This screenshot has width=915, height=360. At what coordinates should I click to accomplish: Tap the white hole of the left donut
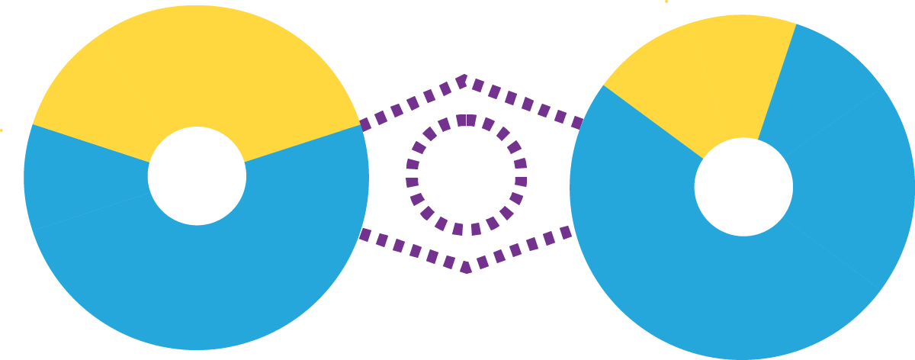point(197,175)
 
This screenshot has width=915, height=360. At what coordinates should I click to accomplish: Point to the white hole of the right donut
point(743,187)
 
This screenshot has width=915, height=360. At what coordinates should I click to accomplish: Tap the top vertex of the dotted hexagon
point(465,78)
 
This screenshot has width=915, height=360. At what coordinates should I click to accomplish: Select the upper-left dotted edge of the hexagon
point(413,104)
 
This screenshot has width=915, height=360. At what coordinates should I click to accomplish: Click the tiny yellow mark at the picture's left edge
point(2,130)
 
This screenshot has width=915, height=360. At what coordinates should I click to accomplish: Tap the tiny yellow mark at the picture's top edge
point(666,2)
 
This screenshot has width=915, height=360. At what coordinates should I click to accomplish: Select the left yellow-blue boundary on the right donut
point(652,121)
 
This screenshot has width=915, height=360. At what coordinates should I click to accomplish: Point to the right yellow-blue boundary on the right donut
point(777,81)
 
